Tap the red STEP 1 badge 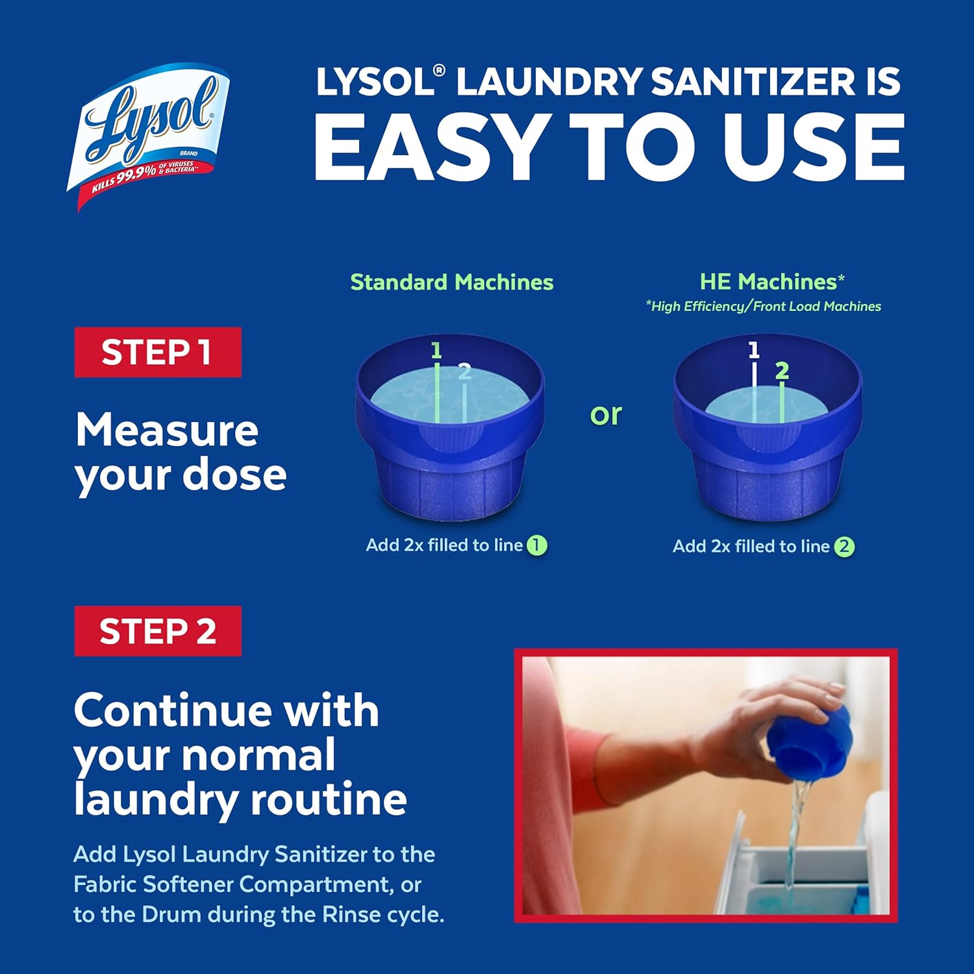(x=158, y=353)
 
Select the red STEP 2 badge (x=158, y=631)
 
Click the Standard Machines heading (x=451, y=282)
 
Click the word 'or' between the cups (x=606, y=414)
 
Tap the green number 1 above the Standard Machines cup (x=436, y=351)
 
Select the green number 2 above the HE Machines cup (x=782, y=371)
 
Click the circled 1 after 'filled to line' (x=536, y=545)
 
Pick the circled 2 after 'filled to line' (x=843, y=547)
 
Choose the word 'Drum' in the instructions (x=171, y=914)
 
